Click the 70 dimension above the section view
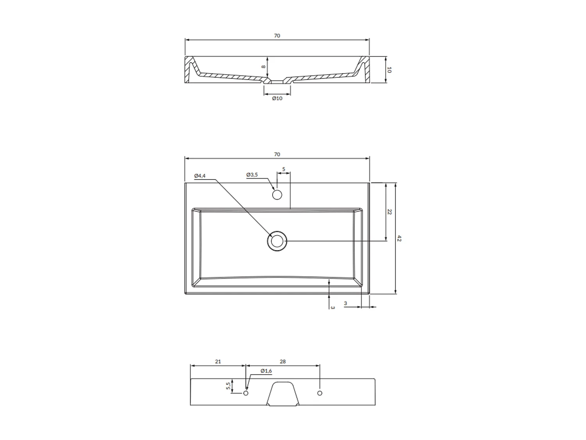(277, 36)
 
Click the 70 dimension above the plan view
(277, 154)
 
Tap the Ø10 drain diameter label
(277, 98)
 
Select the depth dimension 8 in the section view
(264, 67)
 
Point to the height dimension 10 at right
(389, 70)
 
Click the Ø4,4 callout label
(200, 176)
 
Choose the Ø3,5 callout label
(252, 175)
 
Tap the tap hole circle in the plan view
(277, 194)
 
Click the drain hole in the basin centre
(277, 241)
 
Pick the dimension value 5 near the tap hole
(284, 169)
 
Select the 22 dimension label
(389, 212)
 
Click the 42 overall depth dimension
(399, 238)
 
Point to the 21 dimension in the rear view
(218, 362)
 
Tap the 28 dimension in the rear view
(283, 362)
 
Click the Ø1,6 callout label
(266, 371)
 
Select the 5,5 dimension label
(228, 386)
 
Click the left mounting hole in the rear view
(246, 393)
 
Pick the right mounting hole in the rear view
(320, 393)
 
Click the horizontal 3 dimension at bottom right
(345, 304)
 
